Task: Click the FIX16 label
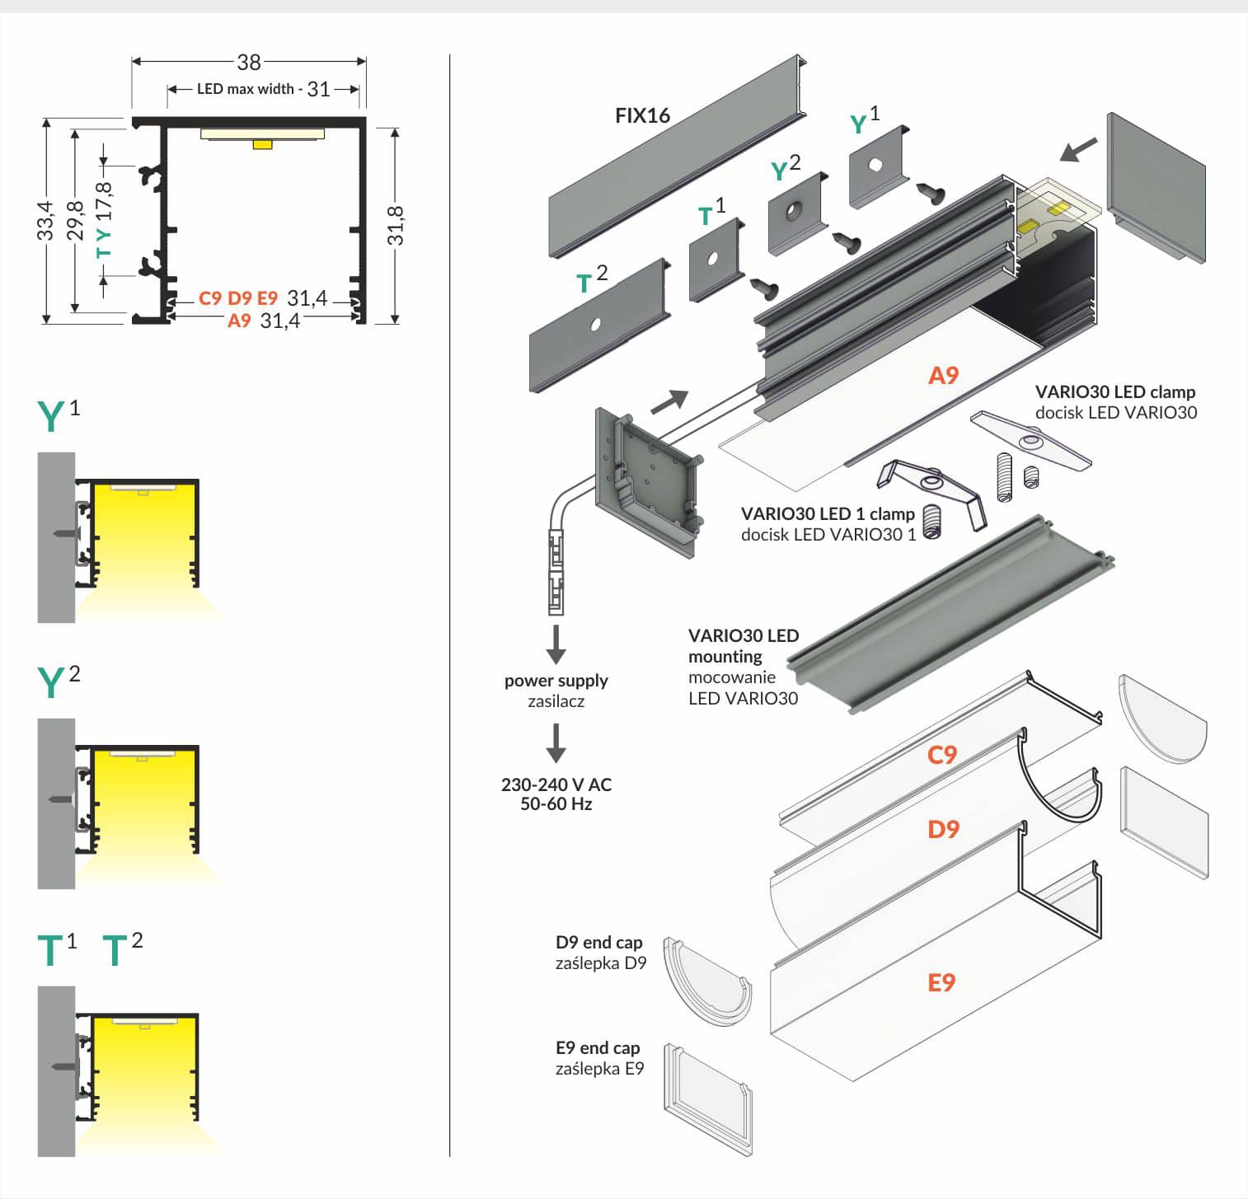pos(642,116)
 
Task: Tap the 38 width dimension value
pos(248,62)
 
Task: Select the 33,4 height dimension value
pos(45,221)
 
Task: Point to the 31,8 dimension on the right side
pos(396,225)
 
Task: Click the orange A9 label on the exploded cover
pos(943,376)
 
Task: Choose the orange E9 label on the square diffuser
pos(941,982)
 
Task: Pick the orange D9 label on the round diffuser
pos(943,829)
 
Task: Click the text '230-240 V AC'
pos(556,785)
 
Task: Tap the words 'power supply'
pos(556,681)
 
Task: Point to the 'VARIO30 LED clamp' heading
pos(1114,392)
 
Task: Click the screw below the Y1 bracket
pos(932,193)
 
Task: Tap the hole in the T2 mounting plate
pos(595,324)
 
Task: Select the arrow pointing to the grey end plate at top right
pos(1078,149)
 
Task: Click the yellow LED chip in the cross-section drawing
pos(262,144)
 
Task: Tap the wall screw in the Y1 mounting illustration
pos(66,534)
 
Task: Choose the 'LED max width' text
pos(245,89)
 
